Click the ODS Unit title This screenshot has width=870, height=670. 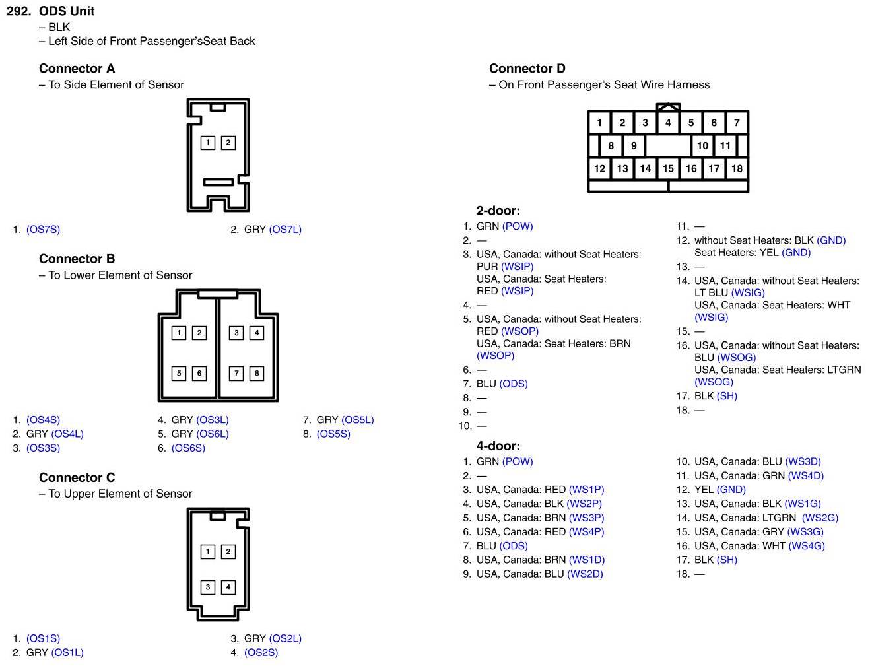(x=67, y=11)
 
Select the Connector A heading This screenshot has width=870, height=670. (x=77, y=69)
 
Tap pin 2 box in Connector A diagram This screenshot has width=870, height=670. (x=228, y=143)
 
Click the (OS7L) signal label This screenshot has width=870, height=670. (x=285, y=230)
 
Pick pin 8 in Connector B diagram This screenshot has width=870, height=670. (x=257, y=374)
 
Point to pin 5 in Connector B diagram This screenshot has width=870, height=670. (x=179, y=374)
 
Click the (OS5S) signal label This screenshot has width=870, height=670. (x=333, y=434)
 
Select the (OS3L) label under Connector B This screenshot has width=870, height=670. (x=213, y=420)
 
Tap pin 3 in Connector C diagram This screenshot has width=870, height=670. (x=208, y=587)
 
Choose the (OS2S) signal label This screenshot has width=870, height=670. (x=261, y=653)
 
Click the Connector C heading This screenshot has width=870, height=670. (x=77, y=477)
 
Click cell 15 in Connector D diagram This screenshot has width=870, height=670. (x=668, y=168)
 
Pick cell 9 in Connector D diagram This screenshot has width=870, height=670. (x=634, y=146)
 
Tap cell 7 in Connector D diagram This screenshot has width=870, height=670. (x=737, y=123)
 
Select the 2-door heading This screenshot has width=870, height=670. (x=498, y=211)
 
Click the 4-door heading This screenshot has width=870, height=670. (x=498, y=446)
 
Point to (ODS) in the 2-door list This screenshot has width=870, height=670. (x=514, y=384)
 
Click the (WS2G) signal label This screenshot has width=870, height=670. (x=820, y=518)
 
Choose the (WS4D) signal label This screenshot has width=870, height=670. (x=805, y=476)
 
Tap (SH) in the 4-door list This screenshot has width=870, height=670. (x=727, y=560)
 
